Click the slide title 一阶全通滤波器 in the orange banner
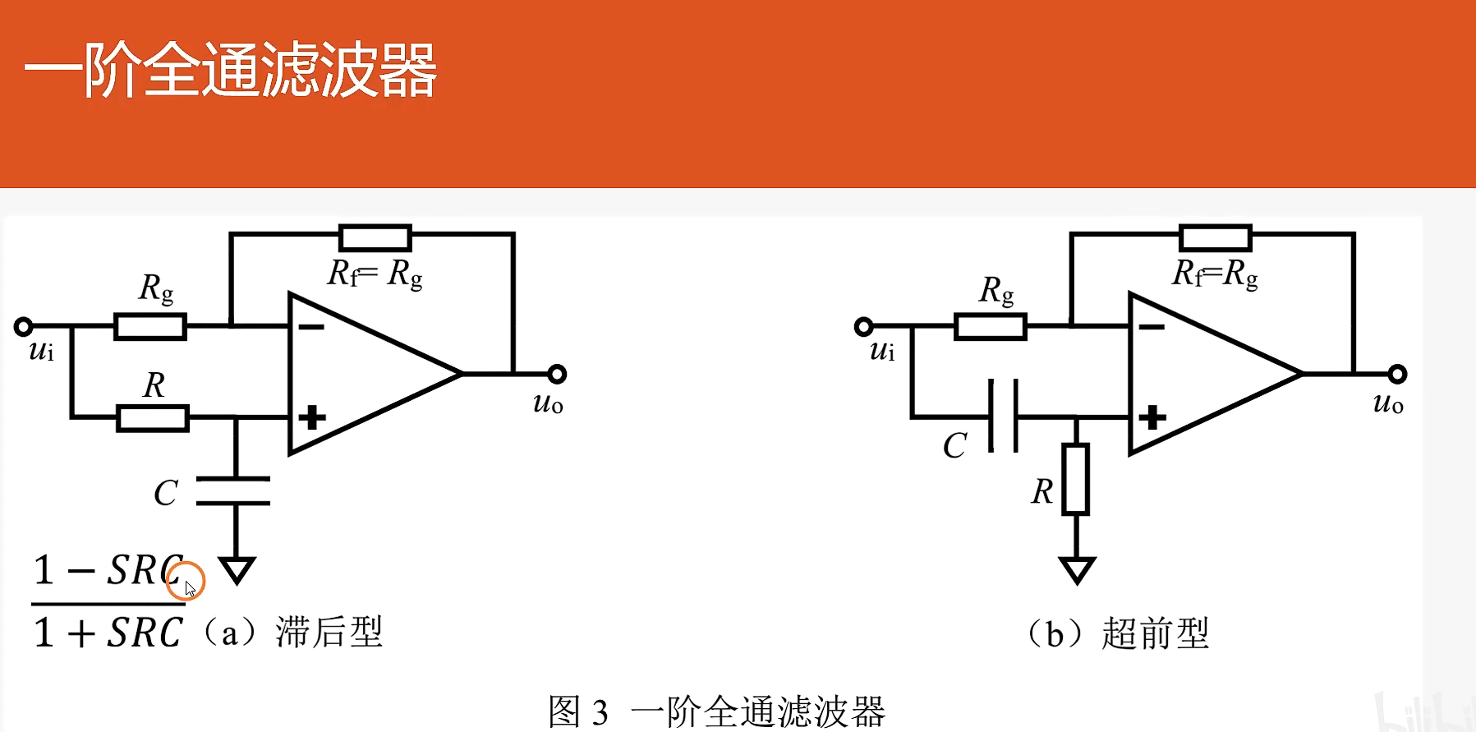[231, 71]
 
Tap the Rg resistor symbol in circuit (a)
[150, 326]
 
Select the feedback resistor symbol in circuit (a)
[375, 237]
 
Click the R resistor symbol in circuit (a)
[153, 418]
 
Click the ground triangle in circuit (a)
[237, 569]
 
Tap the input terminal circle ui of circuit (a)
[24, 327]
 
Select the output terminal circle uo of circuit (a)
[557, 375]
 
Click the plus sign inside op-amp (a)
[312, 417]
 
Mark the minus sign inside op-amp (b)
[1152, 327]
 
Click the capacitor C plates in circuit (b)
[1004, 416]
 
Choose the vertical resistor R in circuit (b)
[1076, 479]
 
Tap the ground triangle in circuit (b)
[1077, 569]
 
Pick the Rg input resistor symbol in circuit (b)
[991, 326]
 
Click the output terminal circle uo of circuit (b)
[1397, 375]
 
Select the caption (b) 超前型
[1120, 634]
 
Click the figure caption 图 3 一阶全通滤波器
[717, 711]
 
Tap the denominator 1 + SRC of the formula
[108, 633]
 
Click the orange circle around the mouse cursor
[186, 581]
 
